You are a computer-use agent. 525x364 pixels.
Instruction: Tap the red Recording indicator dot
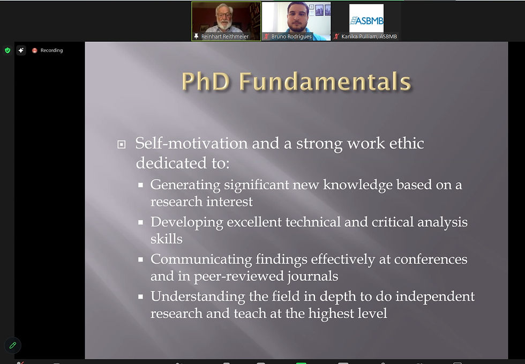[34, 50]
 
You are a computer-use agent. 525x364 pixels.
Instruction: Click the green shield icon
[7, 50]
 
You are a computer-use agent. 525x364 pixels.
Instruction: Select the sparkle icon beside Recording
[21, 50]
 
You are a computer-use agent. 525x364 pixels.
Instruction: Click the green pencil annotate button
[13, 345]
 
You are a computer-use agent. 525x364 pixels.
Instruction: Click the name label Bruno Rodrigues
[291, 36]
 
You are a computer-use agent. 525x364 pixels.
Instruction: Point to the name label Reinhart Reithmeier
[224, 36]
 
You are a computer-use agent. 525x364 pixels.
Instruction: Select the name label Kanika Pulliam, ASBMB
[369, 36]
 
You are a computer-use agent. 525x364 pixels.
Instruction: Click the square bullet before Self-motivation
[121, 144]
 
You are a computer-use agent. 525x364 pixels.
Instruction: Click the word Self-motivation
[192, 144]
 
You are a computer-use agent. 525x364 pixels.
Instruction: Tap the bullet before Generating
[140, 185]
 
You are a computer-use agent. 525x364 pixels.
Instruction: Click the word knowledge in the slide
[358, 185]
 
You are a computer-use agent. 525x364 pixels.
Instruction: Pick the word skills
[167, 239]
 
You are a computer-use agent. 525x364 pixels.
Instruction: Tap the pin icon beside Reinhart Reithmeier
[196, 36]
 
